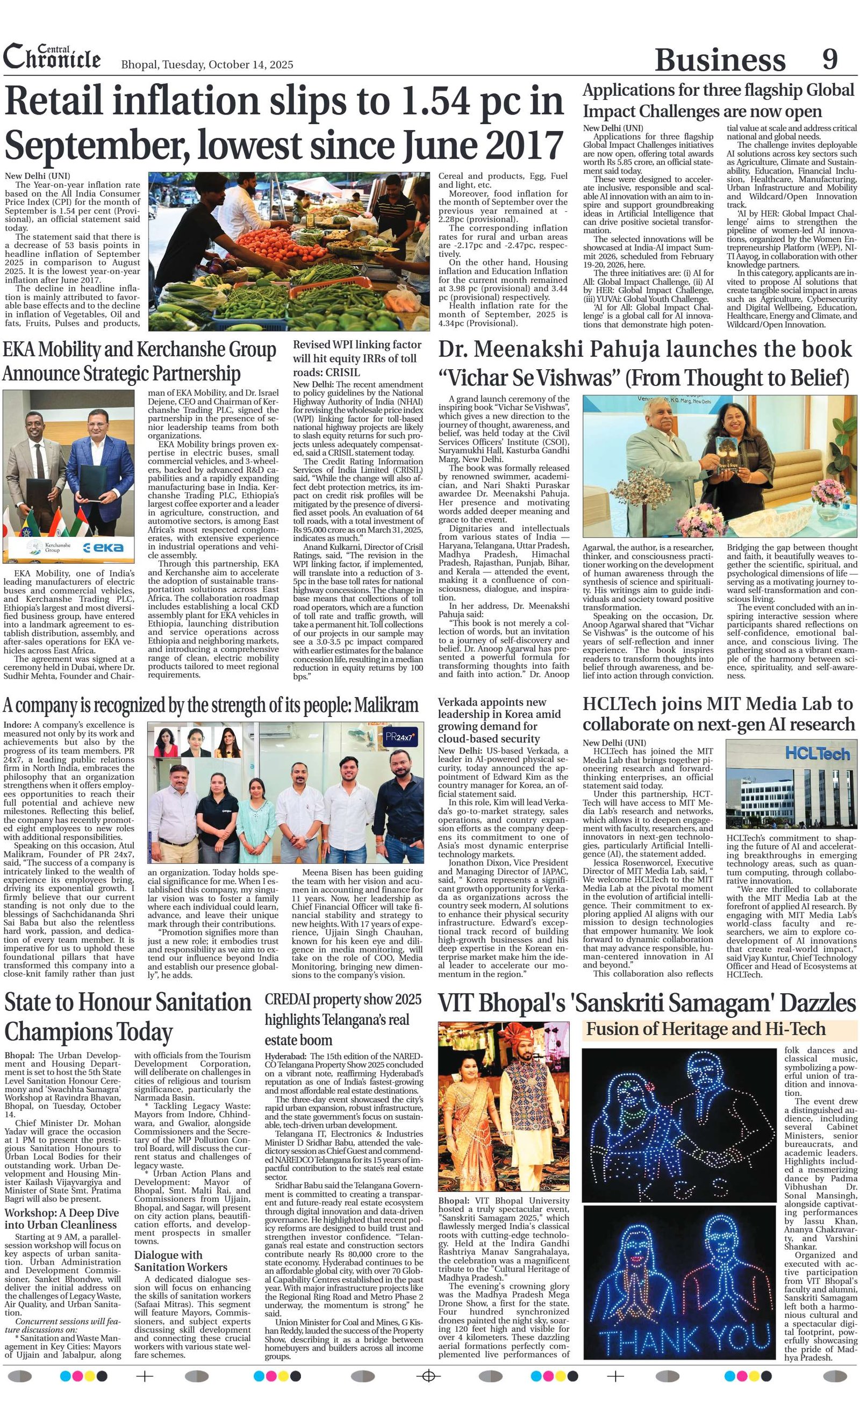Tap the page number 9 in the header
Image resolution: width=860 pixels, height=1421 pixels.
click(829, 59)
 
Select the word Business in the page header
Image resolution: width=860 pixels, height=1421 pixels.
click(720, 60)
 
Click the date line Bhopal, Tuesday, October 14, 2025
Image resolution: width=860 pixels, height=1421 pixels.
click(207, 64)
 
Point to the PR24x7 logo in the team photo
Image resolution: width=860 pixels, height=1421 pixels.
click(402, 736)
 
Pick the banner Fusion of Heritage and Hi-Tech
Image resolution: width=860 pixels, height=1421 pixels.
click(705, 1029)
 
